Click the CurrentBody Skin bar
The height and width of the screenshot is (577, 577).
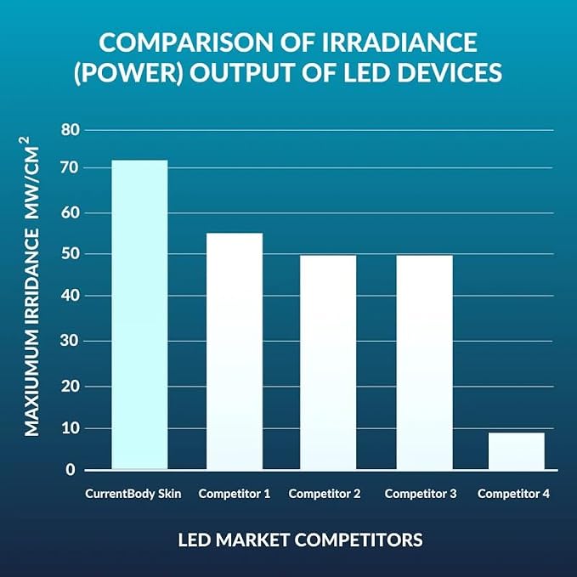pyautogui.click(x=139, y=314)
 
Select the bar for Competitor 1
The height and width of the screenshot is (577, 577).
pyautogui.click(x=235, y=352)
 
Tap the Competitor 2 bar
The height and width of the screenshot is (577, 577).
pyautogui.click(x=328, y=363)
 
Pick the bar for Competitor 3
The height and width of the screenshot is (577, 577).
pyautogui.click(x=425, y=363)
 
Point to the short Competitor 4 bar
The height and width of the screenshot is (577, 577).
pyautogui.click(x=517, y=451)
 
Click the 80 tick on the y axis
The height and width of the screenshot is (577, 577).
pyautogui.click(x=71, y=130)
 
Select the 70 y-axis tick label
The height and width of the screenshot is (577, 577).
pyautogui.click(x=71, y=168)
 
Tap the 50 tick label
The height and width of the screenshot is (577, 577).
pyautogui.click(x=71, y=254)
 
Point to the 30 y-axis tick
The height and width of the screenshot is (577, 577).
pyautogui.click(x=71, y=341)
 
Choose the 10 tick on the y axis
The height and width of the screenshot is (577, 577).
pyautogui.click(x=71, y=428)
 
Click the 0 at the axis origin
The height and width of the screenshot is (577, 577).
pyautogui.click(x=71, y=470)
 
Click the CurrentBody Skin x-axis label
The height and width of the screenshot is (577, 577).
pyautogui.click(x=133, y=494)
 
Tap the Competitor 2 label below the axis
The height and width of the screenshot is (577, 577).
pyautogui.click(x=325, y=494)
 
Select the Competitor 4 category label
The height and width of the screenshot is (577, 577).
pyautogui.click(x=513, y=494)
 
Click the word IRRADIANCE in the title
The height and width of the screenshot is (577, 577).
pyautogui.click(x=400, y=42)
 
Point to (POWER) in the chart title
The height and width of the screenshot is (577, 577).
pyautogui.click(x=128, y=72)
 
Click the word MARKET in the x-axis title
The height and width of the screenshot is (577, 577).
pyautogui.click(x=252, y=540)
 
